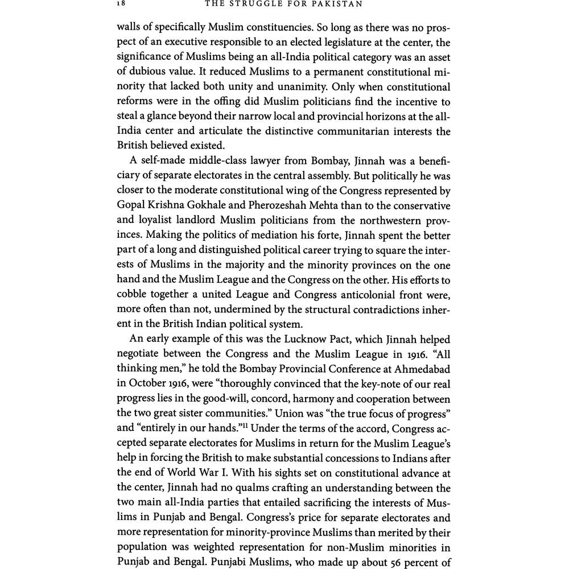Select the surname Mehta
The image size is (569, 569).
380,205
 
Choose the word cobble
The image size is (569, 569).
134,294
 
